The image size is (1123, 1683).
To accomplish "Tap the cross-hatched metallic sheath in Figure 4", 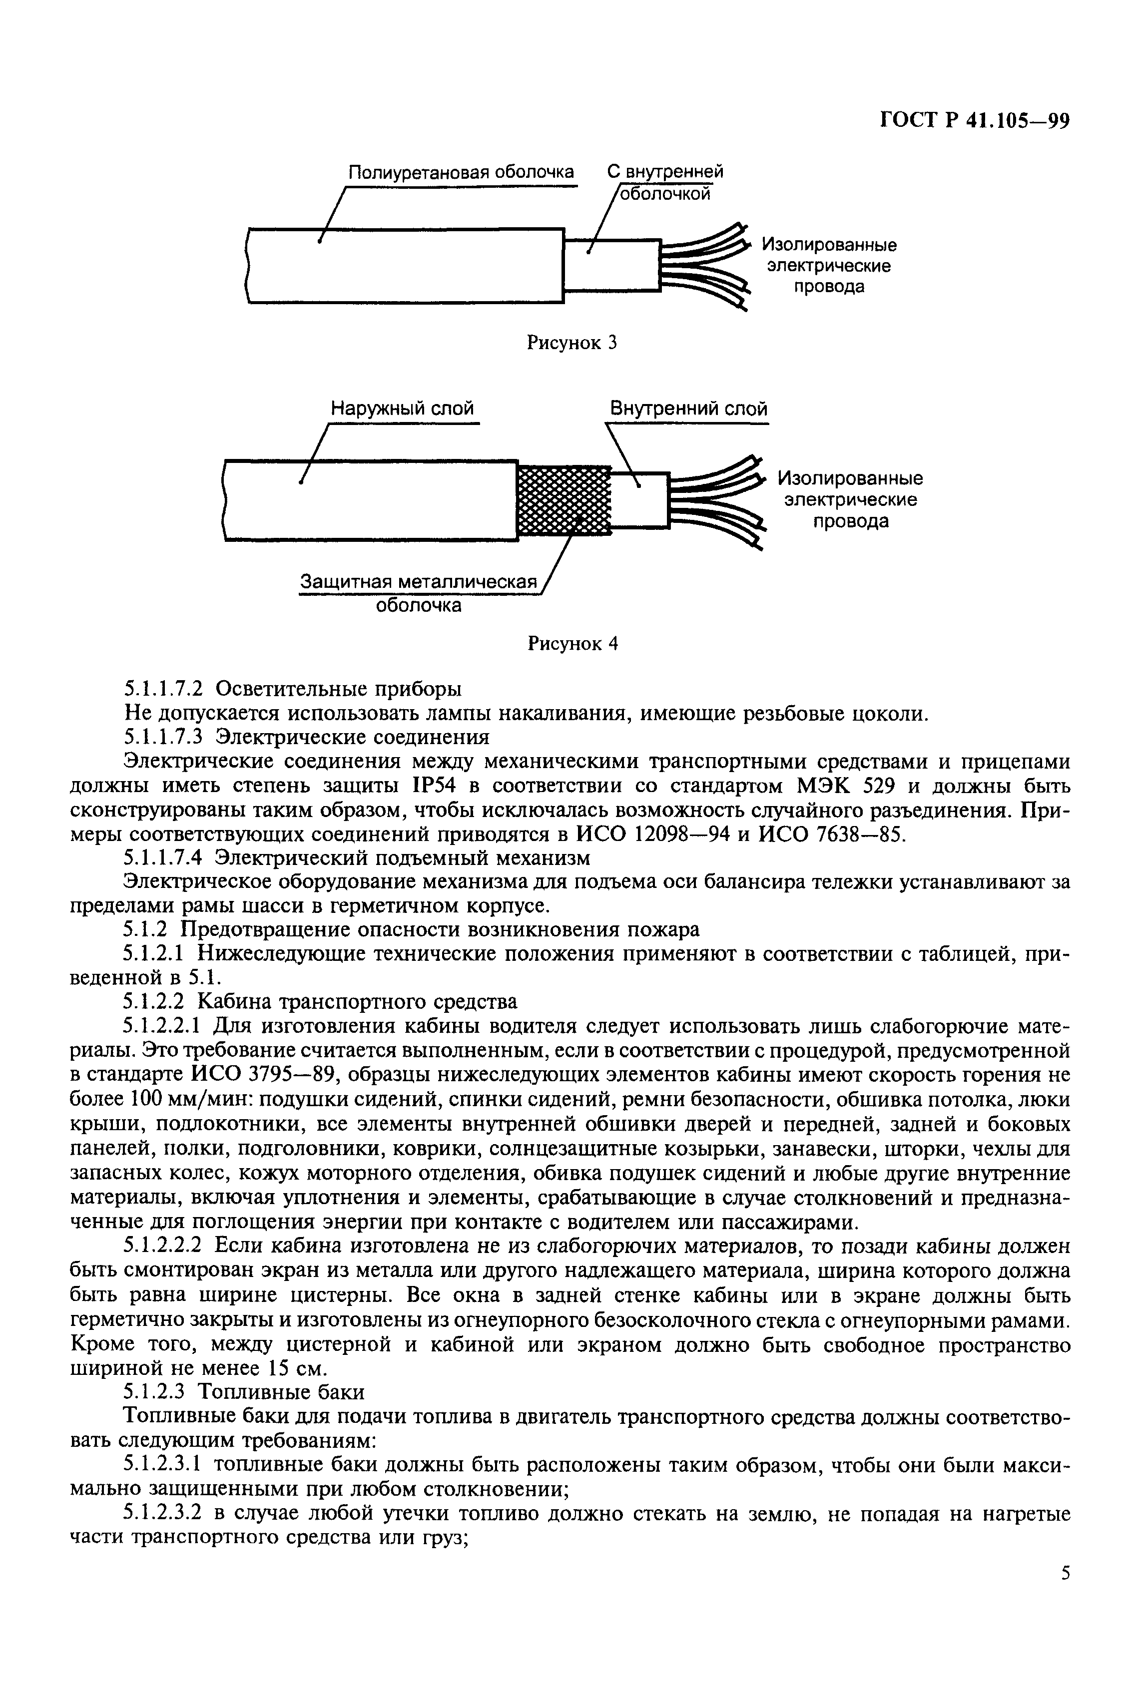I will pos(563,500).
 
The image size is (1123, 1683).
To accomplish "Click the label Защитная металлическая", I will pos(418,582).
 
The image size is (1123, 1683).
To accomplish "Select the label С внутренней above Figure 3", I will pos(664,172).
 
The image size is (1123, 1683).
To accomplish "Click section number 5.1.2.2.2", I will pos(165,1247).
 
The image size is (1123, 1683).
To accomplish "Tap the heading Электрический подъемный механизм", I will pos(404,857).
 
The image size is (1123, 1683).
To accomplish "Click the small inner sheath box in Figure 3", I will pos(610,265).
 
